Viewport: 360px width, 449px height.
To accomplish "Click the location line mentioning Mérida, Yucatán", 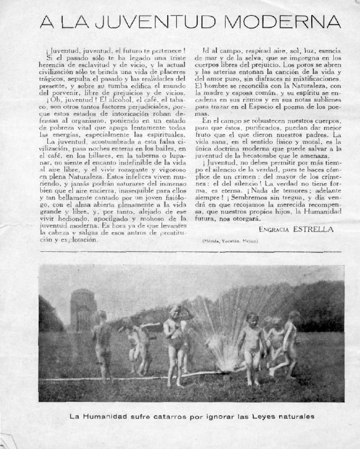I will [x=231, y=242].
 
